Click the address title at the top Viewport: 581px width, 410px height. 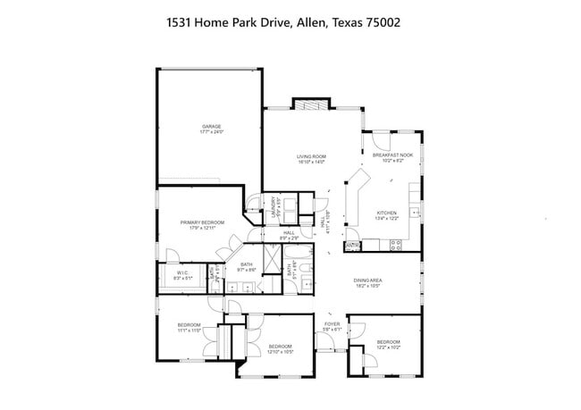point(290,22)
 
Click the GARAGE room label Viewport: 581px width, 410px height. point(211,126)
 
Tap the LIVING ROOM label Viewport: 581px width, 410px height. point(311,157)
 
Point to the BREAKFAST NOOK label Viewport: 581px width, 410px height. point(392,155)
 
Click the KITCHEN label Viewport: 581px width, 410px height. point(387,213)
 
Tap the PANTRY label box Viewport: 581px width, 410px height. point(353,244)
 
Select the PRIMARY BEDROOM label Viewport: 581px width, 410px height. point(201,222)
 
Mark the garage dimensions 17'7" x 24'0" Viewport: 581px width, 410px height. point(211,132)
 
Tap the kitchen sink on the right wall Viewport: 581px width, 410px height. point(415,213)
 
